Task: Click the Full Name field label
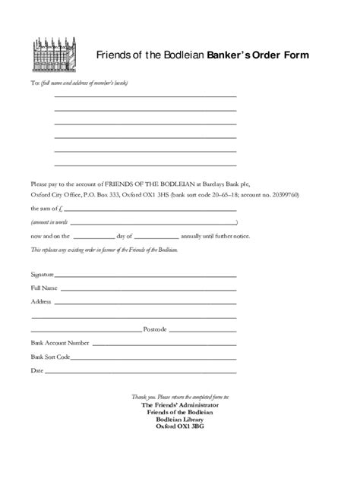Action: point(43,288)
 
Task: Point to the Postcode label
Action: point(154,329)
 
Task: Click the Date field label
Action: point(36,370)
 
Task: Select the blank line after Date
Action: point(141,372)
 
